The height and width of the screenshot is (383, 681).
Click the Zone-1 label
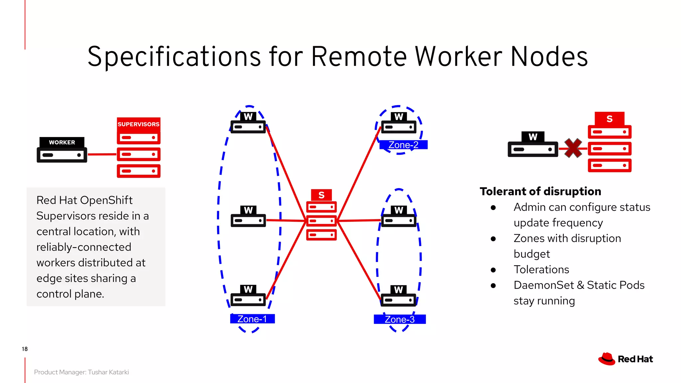pyautogui.click(x=252, y=319)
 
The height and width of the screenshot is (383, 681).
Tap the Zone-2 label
pyautogui.click(x=403, y=145)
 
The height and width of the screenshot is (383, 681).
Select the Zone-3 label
pyautogui.click(x=399, y=319)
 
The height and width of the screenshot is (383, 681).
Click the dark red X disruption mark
pyautogui.click(x=573, y=148)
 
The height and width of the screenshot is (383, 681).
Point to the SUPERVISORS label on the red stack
pyautogui.click(x=138, y=124)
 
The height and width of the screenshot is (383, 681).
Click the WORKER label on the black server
pyautogui.click(x=62, y=142)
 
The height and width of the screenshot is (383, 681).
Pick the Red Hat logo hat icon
pyautogui.click(x=607, y=359)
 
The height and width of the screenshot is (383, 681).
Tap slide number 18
pyautogui.click(x=25, y=349)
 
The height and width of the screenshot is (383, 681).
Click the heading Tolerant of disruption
pyautogui.click(x=540, y=191)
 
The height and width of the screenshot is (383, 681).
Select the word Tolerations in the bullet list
pyautogui.click(x=541, y=269)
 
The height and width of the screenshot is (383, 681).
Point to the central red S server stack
pyautogui.click(x=321, y=219)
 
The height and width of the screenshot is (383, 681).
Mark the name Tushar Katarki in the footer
pyautogui.click(x=108, y=372)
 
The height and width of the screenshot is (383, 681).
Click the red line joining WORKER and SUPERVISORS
pyautogui.click(x=102, y=154)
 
